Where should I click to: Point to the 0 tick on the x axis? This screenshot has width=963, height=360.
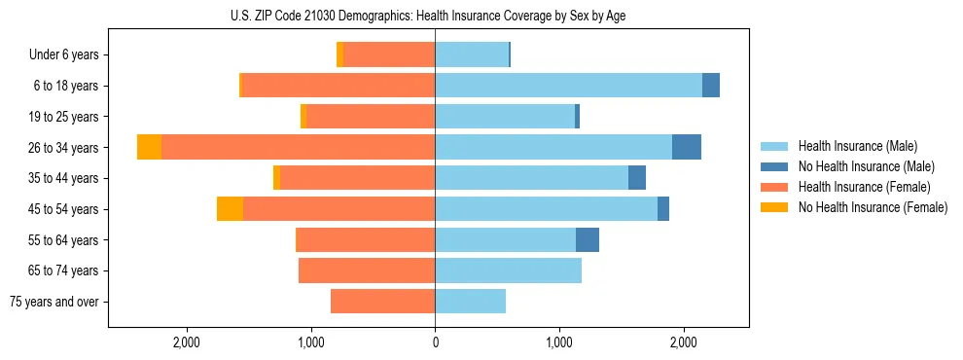435,342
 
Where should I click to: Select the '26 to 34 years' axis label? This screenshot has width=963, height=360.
64,148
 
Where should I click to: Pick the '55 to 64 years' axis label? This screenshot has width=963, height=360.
64,240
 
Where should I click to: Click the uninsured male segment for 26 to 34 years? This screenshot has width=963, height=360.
687,147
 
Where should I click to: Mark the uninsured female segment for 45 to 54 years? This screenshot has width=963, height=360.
230,209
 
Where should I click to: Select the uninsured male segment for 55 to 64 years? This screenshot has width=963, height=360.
588,240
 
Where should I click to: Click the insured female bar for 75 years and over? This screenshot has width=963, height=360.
382,302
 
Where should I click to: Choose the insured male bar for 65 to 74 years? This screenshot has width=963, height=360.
508,270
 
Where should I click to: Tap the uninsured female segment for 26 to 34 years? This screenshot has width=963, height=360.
149,147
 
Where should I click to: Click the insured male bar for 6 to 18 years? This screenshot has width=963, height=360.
568,86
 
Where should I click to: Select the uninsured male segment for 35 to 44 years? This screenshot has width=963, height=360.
637,178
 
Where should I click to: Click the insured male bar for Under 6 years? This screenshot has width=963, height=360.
471,55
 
